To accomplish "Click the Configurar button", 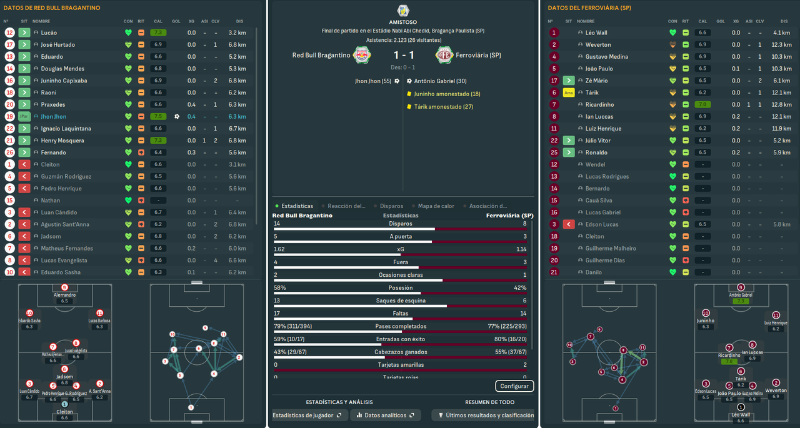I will click(514, 386).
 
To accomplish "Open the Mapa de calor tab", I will click(436, 206).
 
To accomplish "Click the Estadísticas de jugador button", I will click(307, 415).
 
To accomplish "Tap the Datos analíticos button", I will click(386, 415).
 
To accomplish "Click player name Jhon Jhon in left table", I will click(53, 117).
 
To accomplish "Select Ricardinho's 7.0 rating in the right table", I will click(702, 105).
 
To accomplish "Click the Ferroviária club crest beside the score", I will click(443, 55).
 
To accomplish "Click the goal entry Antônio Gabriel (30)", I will click(440, 81).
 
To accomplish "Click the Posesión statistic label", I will click(400, 288).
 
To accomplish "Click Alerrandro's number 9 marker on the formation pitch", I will click(64, 287).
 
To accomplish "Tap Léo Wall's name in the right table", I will click(596, 32).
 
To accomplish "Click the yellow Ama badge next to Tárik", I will click(568, 93).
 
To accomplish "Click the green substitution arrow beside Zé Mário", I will click(568, 81).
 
